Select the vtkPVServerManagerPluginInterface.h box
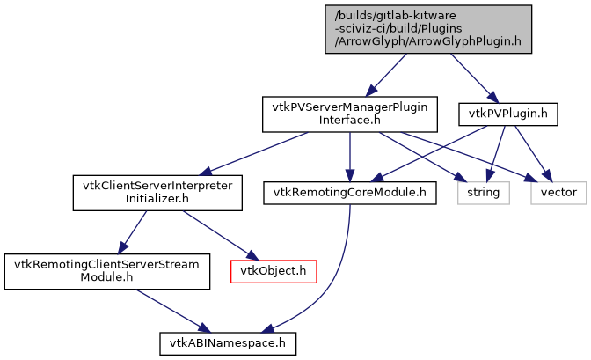coord(350,114)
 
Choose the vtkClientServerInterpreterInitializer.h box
coord(157,193)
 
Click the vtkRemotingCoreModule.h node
coord(350,191)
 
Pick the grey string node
coord(482,191)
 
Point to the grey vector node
coord(558,191)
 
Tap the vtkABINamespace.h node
coord(227,341)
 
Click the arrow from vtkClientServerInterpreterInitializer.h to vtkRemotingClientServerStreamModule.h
coord(132,231)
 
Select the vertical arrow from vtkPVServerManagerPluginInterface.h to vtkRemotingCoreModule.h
coord(350,154)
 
